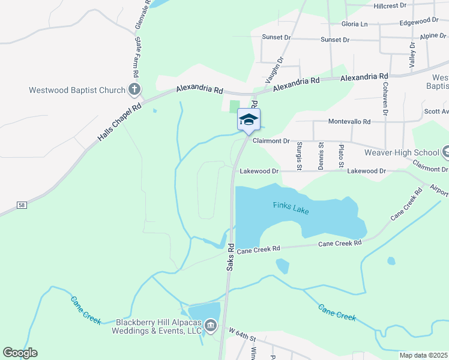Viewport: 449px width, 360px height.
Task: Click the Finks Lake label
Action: (291, 209)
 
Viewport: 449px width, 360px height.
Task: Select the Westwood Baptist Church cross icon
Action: (134, 91)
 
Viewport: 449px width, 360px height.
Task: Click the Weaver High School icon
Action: (445, 150)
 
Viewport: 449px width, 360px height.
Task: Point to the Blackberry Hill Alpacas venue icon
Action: (211, 326)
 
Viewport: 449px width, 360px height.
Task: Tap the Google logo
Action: (20, 353)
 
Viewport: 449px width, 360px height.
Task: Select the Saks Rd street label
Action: (231, 256)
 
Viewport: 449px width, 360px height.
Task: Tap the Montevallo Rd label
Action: (349, 121)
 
